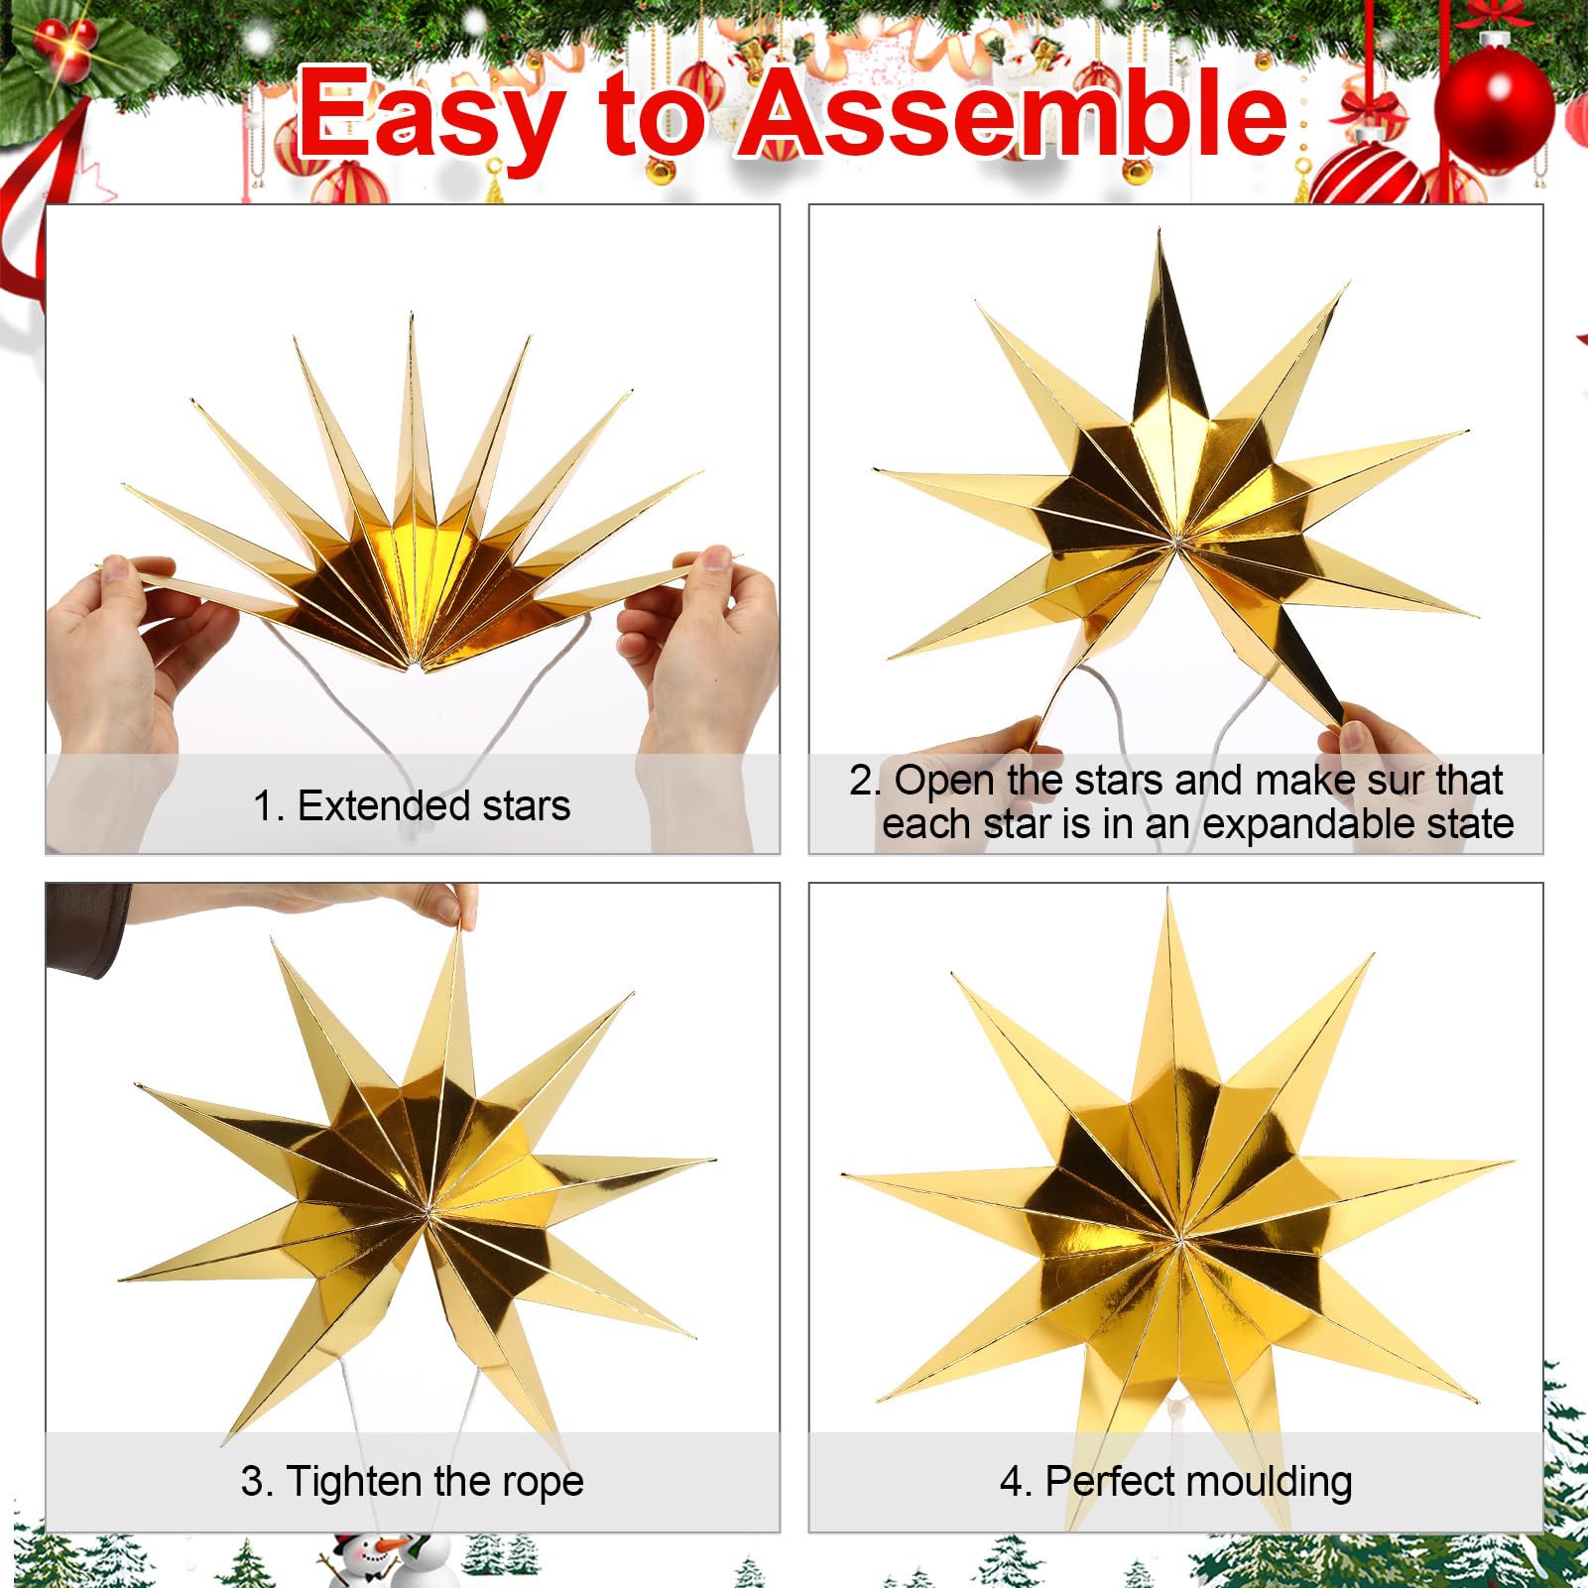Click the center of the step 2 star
1175,544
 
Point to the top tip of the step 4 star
1169,892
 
